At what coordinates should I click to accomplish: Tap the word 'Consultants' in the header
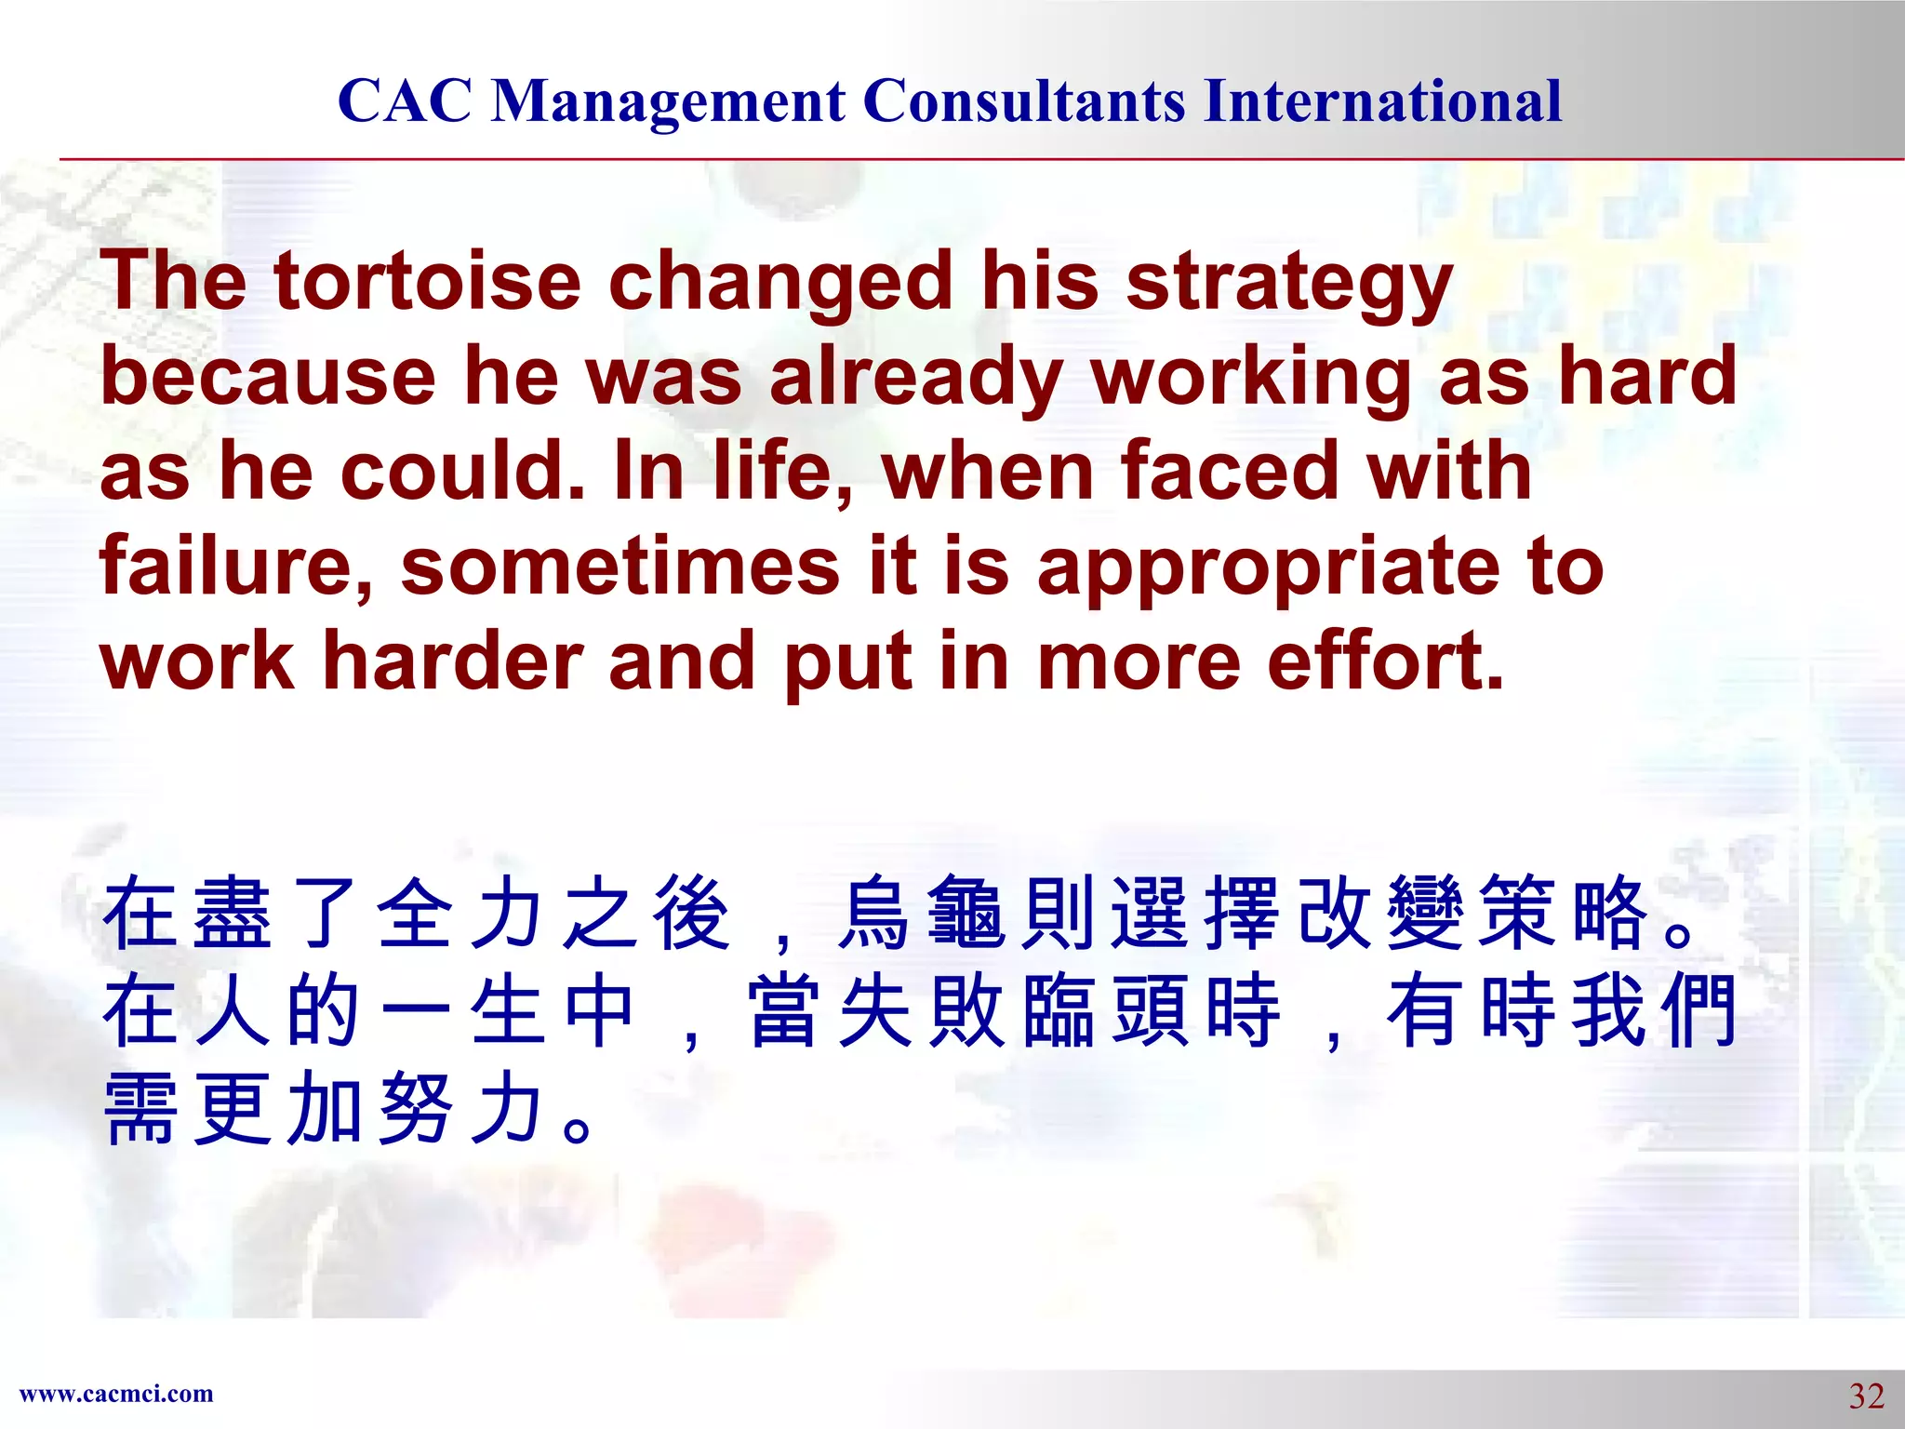tap(1024, 100)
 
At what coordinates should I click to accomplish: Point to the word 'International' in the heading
tap(1382, 100)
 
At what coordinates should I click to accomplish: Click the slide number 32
tap(1866, 1396)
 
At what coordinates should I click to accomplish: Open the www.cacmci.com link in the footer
tap(116, 1394)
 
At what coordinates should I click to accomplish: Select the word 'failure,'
tap(236, 566)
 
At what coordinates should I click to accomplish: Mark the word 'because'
tap(268, 377)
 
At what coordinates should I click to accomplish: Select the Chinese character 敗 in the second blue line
tap(966, 1011)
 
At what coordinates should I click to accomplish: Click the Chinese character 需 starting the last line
tap(140, 1108)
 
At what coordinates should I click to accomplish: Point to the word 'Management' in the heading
tap(668, 102)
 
